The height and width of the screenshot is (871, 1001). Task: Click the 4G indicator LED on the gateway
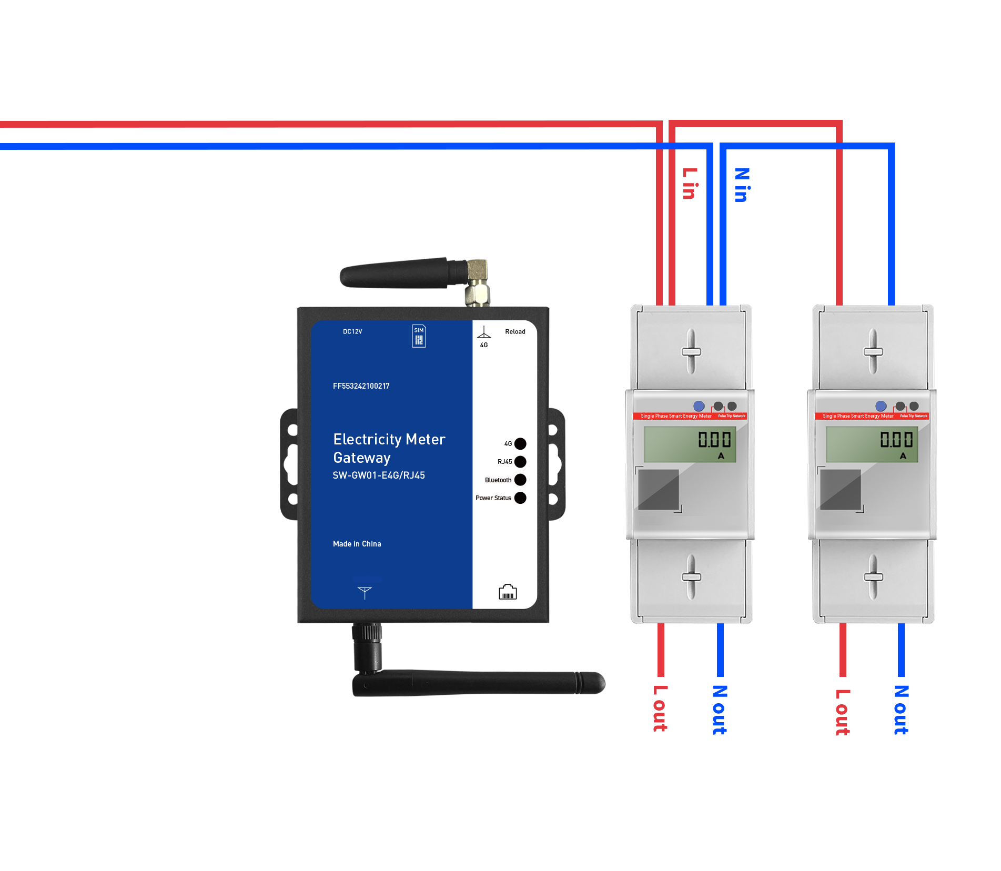coord(520,443)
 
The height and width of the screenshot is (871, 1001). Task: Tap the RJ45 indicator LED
coord(520,462)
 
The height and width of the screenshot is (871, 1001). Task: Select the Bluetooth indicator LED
coord(520,480)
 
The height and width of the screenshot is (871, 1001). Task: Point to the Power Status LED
coord(520,498)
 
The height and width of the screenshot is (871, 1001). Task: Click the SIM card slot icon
coord(419,336)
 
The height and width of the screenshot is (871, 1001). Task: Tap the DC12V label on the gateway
coord(352,331)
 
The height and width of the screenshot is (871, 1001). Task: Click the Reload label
coord(515,331)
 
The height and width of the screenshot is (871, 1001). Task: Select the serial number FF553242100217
coord(361,386)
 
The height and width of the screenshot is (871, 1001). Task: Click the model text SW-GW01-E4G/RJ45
coord(379,475)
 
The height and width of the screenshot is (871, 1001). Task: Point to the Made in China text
coord(357,544)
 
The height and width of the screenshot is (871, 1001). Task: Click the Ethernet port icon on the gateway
coord(508,592)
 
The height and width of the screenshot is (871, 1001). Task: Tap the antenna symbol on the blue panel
coord(365,592)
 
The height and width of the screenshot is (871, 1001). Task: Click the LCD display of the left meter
coord(690,444)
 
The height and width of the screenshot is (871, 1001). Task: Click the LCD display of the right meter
coord(872,444)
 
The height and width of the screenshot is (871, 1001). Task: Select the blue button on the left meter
coord(699,406)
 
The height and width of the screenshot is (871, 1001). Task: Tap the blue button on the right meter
coord(881,406)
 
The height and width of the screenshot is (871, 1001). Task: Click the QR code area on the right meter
coord(841,490)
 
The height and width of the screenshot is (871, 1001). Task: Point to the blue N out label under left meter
coord(720,710)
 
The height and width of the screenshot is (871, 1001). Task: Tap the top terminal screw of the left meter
coord(691,351)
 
